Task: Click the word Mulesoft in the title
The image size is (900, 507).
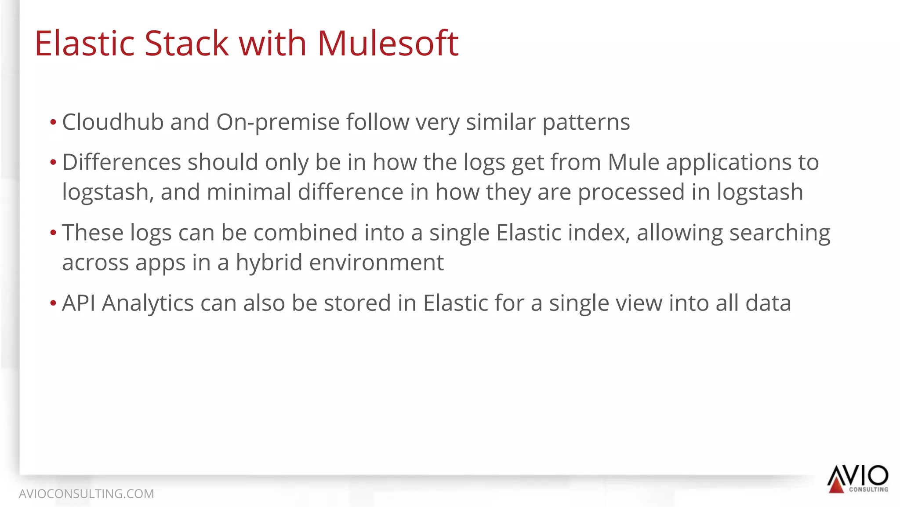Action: (388, 44)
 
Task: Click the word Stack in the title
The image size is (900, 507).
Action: (186, 44)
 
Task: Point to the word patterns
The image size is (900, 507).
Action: (586, 123)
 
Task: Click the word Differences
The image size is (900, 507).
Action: (121, 162)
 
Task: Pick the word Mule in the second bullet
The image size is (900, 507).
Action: (633, 162)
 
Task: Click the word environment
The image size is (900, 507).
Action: (377, 263)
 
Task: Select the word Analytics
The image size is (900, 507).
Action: (148, 303)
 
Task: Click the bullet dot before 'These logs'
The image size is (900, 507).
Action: (53, 233)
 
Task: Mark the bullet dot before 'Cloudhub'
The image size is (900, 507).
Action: (53, 122)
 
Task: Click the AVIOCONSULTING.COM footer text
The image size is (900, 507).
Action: (86, 494)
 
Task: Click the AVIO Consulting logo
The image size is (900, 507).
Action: (857, 479)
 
